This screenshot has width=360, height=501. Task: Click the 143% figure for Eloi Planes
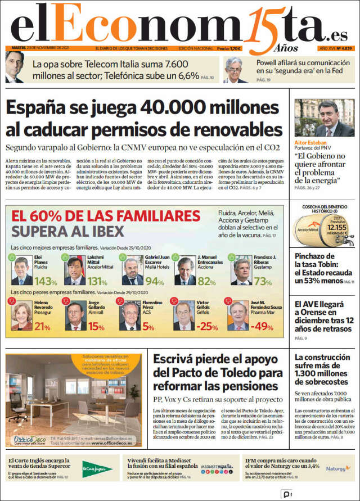[46, 281]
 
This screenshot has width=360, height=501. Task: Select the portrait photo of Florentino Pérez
[129, 317]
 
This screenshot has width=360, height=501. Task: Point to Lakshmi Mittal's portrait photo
[75, 272]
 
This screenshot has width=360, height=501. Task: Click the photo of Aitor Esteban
[324, 120]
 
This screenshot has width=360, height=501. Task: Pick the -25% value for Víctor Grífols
[208, 326]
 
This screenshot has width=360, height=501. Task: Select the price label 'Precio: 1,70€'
[229, 49]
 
